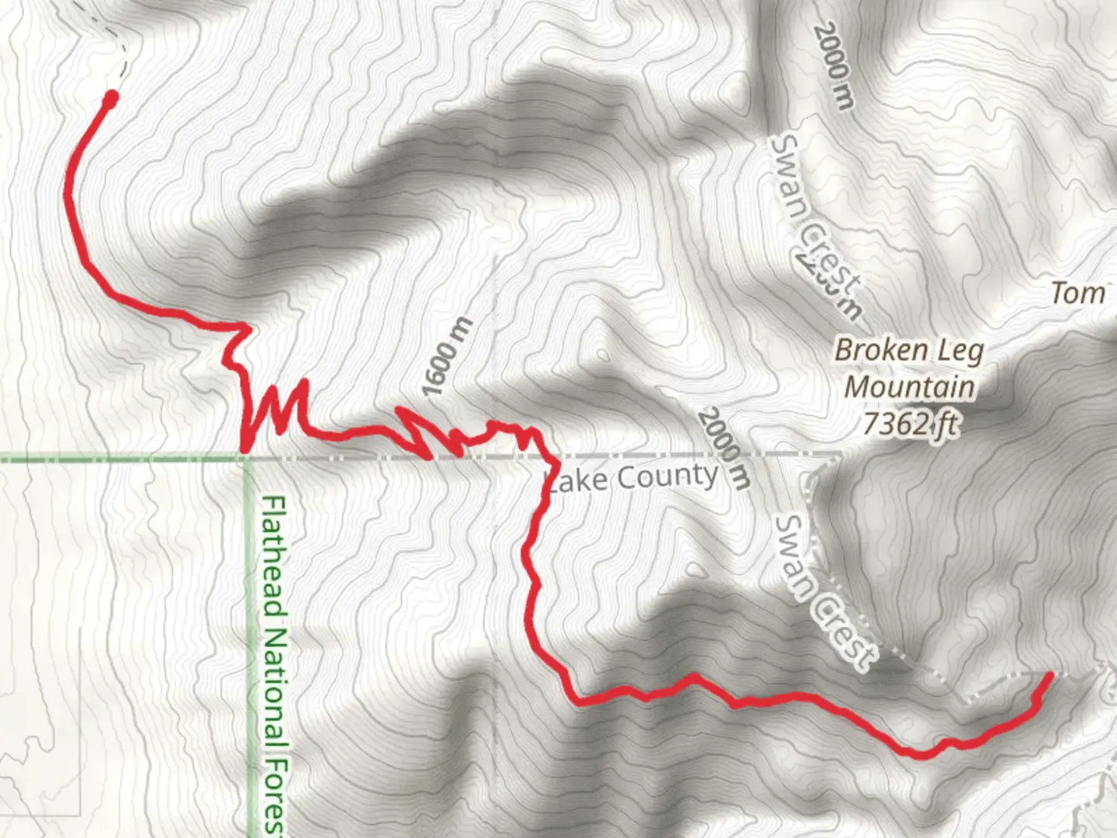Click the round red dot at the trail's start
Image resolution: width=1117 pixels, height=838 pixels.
[111, 98]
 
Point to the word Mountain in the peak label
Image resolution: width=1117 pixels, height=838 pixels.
[909, 386]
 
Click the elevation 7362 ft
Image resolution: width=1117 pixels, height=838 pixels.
[909, 424]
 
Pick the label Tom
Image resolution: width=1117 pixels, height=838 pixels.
[1078, 293]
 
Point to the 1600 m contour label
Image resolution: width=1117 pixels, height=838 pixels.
[448, 357]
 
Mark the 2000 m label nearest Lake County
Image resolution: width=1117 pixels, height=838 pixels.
[724, 448]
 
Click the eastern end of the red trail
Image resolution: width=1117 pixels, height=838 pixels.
[1050, 676]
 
